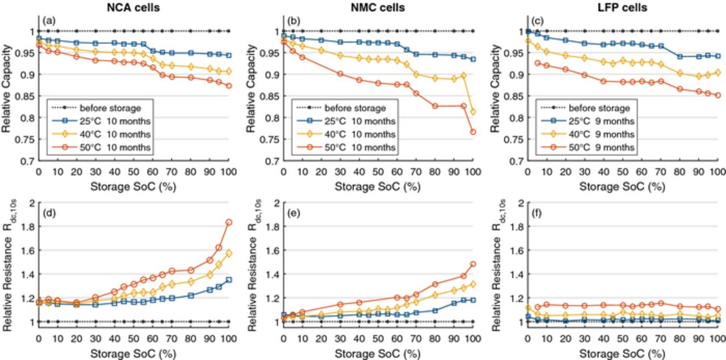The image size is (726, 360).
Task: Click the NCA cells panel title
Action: [133, 7]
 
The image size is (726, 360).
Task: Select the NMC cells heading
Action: [378, 7]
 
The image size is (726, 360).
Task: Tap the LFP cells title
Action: [622, 7]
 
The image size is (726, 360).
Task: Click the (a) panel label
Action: [49, 21]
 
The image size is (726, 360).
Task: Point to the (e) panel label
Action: [294, 213]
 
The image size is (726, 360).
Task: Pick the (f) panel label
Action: [537, 213]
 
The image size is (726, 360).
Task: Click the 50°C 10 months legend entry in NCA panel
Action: [102, 147]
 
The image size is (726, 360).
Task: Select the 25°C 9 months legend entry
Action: [588, 121]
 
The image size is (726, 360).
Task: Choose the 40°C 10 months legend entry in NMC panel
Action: [346, 134]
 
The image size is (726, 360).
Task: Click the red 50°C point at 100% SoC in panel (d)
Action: [229, 222]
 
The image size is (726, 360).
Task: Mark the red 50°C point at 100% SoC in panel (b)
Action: [473, 132]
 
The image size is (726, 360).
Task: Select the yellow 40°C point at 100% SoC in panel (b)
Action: [473, 112]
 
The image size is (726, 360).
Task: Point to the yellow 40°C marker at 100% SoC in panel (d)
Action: [229, 253]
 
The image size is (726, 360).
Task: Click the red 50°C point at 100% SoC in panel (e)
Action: [473, 264]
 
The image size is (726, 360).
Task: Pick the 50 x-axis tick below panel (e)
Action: [378, 339]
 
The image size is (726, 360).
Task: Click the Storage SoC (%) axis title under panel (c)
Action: [622, 187]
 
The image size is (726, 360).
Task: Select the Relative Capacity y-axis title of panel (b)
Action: [251, 88]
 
